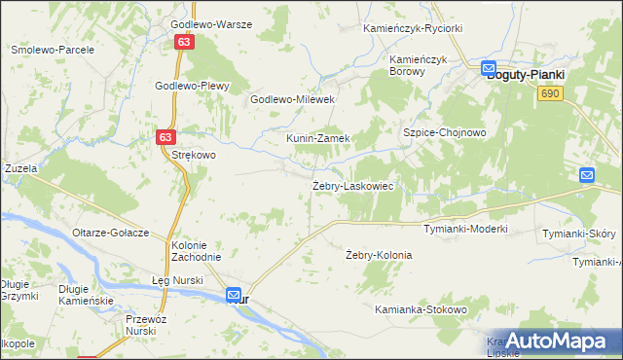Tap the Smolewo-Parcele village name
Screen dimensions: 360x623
[52, 49]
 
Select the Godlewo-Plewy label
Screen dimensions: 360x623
[192, 86]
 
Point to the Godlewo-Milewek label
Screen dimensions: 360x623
[293, 99]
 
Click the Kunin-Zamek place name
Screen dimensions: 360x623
[317, 139]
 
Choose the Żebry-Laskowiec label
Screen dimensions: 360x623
[352, 185]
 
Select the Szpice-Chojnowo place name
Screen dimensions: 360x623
[444, 132]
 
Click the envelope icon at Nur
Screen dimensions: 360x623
[234, 294]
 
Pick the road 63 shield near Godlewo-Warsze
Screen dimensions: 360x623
[186, 43]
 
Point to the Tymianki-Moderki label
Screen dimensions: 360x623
[466, 230]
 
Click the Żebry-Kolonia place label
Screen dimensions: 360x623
[379, 255]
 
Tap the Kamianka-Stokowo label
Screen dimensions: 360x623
[421, 309]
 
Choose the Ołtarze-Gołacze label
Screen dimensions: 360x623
[110, 234]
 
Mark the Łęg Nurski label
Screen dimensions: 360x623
[177, 281]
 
